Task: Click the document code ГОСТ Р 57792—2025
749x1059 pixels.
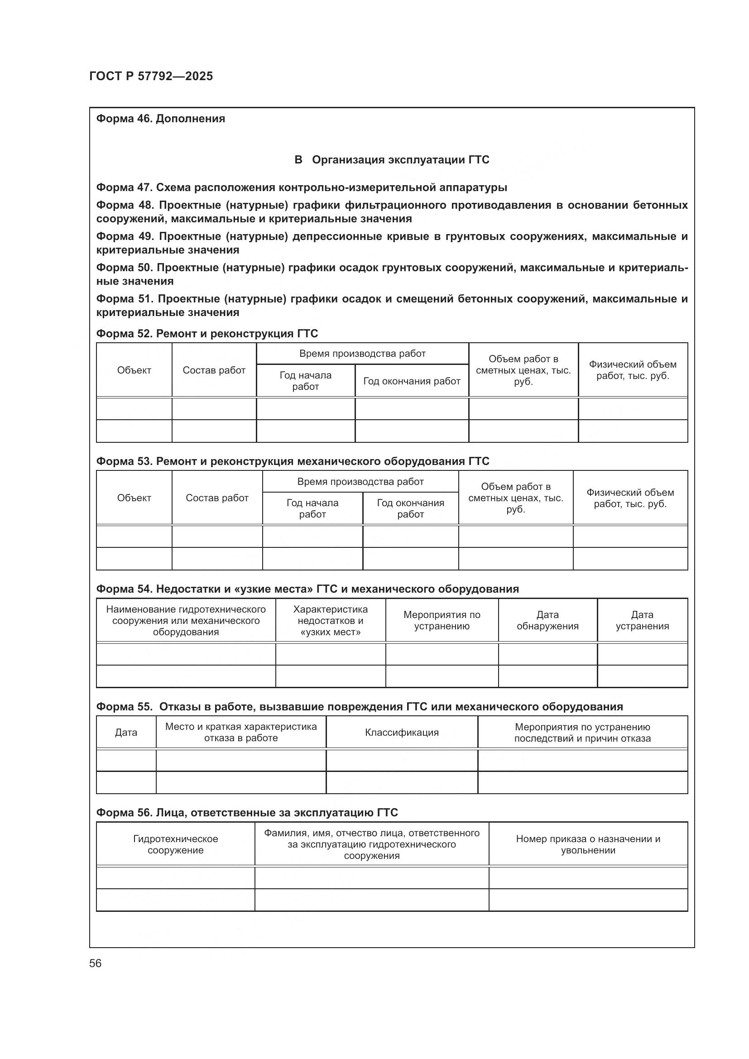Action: coord(151,76)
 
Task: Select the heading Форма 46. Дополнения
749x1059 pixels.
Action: coord(160,119)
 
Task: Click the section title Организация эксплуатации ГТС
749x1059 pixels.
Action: coord(392,159)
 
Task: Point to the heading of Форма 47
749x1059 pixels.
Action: coord(301,187)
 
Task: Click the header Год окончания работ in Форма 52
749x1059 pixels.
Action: coord(411,381)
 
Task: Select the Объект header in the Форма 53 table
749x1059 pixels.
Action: coord(134,498)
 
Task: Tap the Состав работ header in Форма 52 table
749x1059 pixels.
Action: coord(214,370)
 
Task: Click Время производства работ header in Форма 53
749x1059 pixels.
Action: coord(360,482)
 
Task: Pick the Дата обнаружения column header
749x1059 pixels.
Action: coord(547,620)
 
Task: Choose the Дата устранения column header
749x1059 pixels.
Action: coord(642,620)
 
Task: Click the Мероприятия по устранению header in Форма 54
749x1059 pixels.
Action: coord(442,620)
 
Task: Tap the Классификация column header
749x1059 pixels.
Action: coord(401,733)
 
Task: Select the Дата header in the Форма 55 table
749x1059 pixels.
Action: coord(126,733)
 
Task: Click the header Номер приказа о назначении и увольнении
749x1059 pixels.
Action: coord(588,844)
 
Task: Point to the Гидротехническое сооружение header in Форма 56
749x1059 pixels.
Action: coord(175,844)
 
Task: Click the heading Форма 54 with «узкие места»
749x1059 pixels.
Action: coord(307,589)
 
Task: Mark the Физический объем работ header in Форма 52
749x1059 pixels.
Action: coord(632,370)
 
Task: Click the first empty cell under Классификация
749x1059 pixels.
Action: coord(401,760)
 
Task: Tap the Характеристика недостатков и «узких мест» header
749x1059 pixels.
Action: coord(330,620)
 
